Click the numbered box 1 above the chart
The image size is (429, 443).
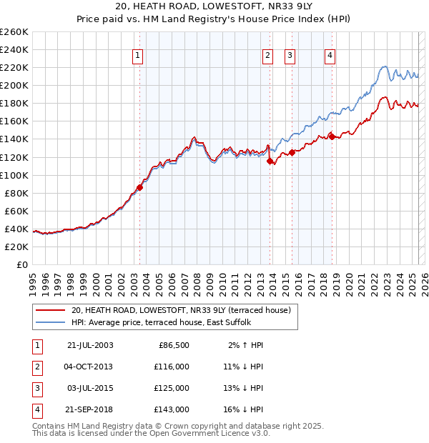[x=137, y=56]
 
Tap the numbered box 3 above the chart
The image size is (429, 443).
[x=290, y=56]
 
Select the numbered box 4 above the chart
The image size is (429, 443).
[x=330, y=56]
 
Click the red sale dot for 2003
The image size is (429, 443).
[x=140, y=187]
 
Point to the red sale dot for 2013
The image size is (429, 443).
[x=270, y=161]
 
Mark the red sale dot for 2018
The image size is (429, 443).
[x=332, y=136]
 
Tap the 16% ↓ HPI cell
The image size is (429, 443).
[x=244, y=409]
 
